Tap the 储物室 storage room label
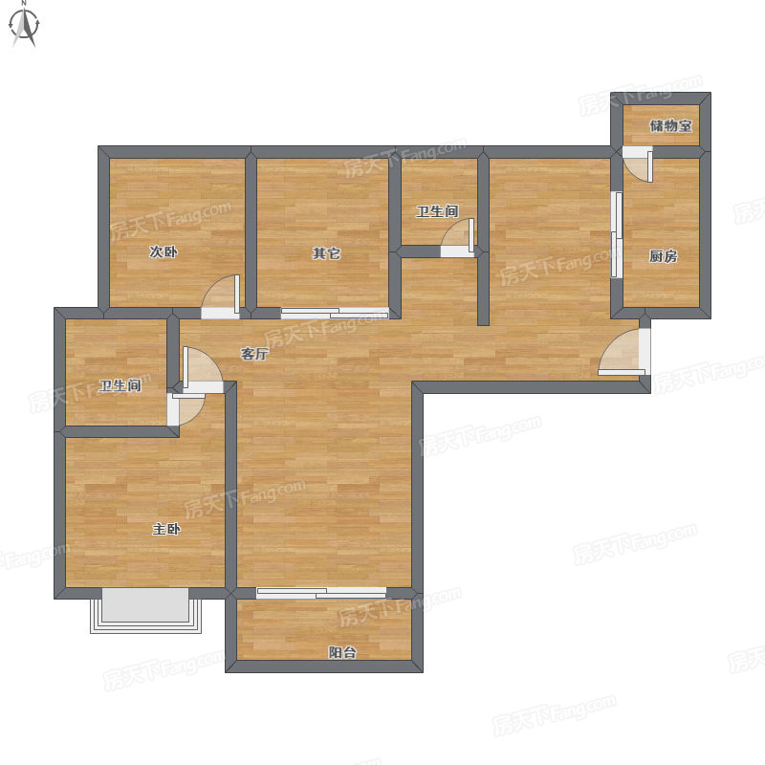coord(671,125)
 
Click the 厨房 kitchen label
coord(663,255)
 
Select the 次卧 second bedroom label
coord(164,251)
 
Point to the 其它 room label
coord(326,253)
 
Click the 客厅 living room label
coord(254,354)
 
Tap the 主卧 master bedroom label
coord(166,529)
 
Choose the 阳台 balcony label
coord(342,652)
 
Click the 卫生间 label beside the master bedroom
coord(120,385)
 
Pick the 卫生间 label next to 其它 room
coord(437,211)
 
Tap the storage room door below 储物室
coord(638,164)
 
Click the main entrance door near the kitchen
coord(624,352)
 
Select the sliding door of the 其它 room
coord(335,314)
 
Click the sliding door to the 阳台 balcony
coord(321,593)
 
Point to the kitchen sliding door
coord(617,234)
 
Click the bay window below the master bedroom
coord(146,611)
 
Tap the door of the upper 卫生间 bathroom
coord(458,237)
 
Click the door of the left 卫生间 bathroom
coord(186,409)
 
